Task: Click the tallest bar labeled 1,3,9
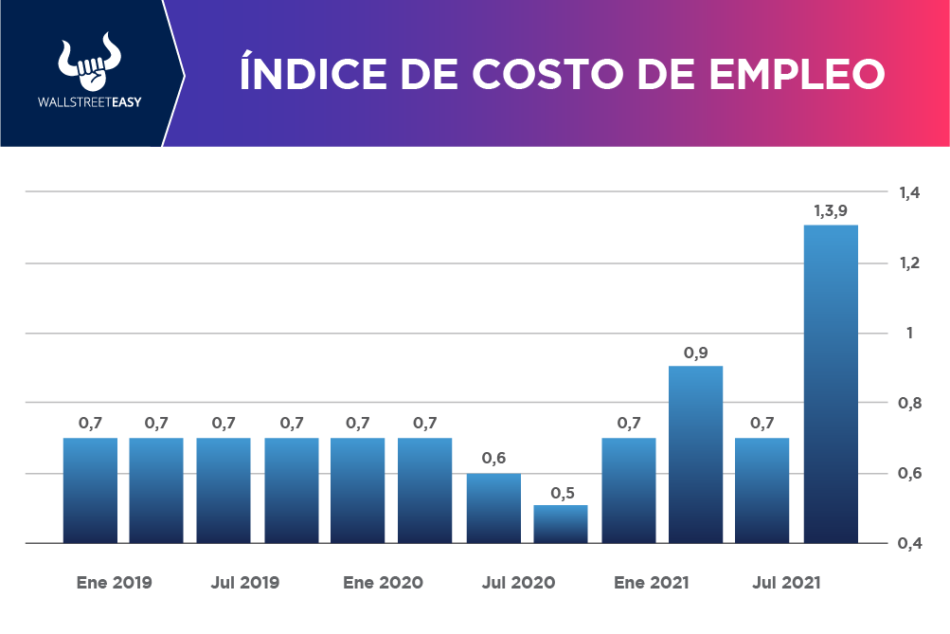click(830, 384)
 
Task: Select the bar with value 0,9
click(696, 454)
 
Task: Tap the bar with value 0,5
click(561, 524)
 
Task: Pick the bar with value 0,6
click(493, 508)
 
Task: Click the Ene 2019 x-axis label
click(114, 582)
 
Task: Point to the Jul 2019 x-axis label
click(245, 582)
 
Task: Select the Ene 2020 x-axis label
click(383, 582)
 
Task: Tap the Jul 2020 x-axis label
click(518, 582)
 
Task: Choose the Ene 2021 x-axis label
click(652, 582)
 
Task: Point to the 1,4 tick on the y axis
click(909, 192)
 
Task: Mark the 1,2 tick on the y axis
click(909, 263)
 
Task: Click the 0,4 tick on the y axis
click(909, 543)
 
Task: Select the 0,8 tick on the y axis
click(909, 403)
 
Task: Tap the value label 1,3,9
click(830, 210)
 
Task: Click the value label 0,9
click(696, 353)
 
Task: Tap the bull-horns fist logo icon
click(85, 64)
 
